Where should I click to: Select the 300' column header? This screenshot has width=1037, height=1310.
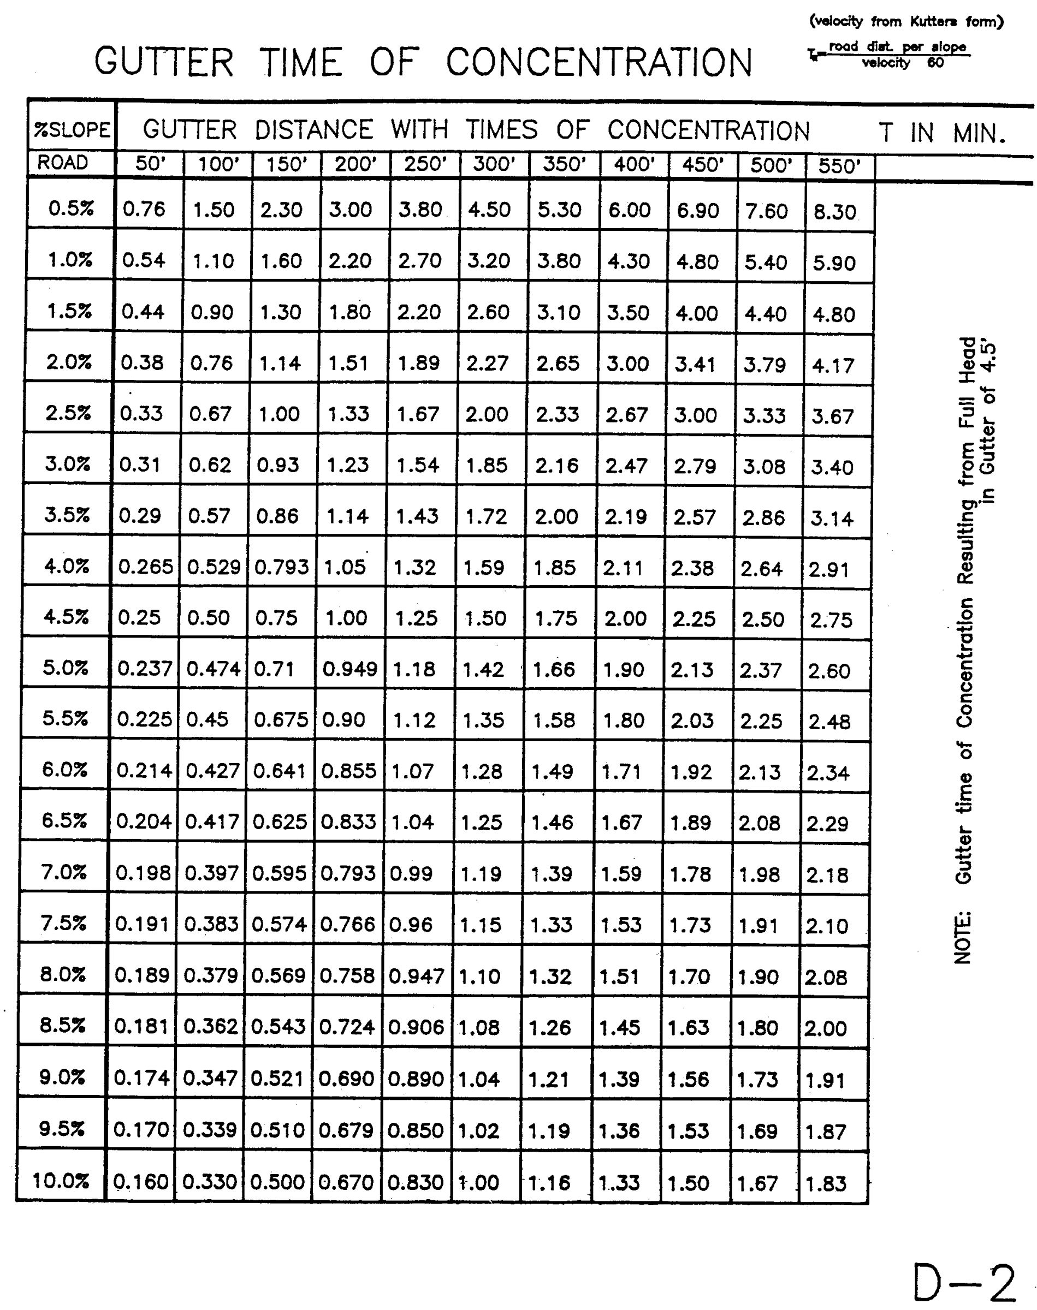(494, 164)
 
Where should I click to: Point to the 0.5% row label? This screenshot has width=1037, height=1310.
(71, 209)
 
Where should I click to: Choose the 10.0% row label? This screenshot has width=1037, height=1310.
(60, 1180)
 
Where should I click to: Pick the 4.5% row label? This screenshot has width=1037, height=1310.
(66, 616)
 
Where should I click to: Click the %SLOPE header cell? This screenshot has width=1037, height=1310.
(72, 129)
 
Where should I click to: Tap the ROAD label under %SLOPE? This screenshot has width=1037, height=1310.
(63, 163)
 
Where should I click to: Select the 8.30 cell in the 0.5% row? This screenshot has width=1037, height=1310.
(834, 212)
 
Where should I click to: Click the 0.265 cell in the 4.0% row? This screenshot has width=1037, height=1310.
(145, 567)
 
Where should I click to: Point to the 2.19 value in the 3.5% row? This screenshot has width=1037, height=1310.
(625, 517)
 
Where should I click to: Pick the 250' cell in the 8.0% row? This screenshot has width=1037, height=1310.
(416, 975)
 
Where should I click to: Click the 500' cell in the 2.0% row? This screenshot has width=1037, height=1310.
(765, 365)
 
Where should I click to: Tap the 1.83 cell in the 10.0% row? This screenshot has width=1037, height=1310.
(825, 1183)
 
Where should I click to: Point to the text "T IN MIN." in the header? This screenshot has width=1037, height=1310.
(941, 133)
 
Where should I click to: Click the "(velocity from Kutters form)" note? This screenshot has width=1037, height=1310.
(906, 22)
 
